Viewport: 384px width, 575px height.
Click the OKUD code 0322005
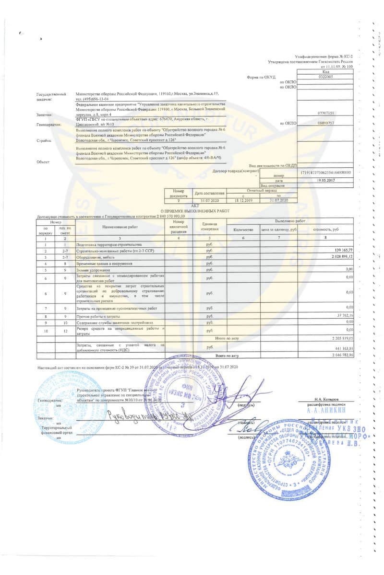(x=325, y=77)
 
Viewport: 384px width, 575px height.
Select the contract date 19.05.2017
(x=325, y=180)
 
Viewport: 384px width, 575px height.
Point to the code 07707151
(x=325, y=113)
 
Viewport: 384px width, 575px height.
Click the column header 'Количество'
(x=242, y=230)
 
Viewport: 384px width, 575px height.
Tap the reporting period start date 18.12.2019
(x=242, y=200)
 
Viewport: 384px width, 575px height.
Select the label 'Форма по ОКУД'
(x=261, y=77)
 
